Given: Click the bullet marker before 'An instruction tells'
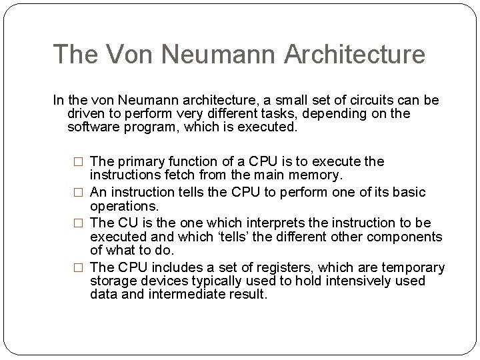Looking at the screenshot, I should (x=79, y=193).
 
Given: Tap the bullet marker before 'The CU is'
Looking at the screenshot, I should (x=79, y=223).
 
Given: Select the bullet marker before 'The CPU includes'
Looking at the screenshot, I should (x=79, y=268).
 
